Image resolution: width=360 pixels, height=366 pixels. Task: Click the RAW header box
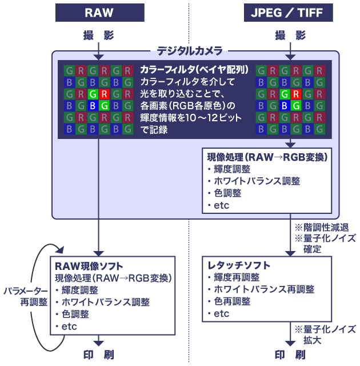pyautogui.click(x=99, y=13)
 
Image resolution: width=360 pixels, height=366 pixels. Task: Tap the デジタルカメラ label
pyautogui.click(x=190, y=51)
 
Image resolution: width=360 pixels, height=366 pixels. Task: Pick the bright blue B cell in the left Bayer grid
pyautogui.click(x=91, y=106)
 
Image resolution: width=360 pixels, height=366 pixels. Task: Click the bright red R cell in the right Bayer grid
pyautogui.click(x=295, y=94)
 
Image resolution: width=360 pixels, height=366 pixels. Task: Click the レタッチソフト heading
pyautogui.click(x=239, y=265)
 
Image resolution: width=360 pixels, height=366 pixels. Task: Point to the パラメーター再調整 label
pyautogui.click(x=25, y=296)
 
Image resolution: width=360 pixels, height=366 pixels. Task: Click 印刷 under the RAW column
pyautogui.click(x=98, y=355)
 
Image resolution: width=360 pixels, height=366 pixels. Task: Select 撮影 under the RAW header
pyautogui.click(x=98, y=35)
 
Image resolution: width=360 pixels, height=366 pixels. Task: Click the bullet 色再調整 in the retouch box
pyautogui.click(x=232, y=301)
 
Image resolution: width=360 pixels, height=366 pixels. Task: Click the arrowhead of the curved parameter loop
pyautogui.click(x=59, y=249)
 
